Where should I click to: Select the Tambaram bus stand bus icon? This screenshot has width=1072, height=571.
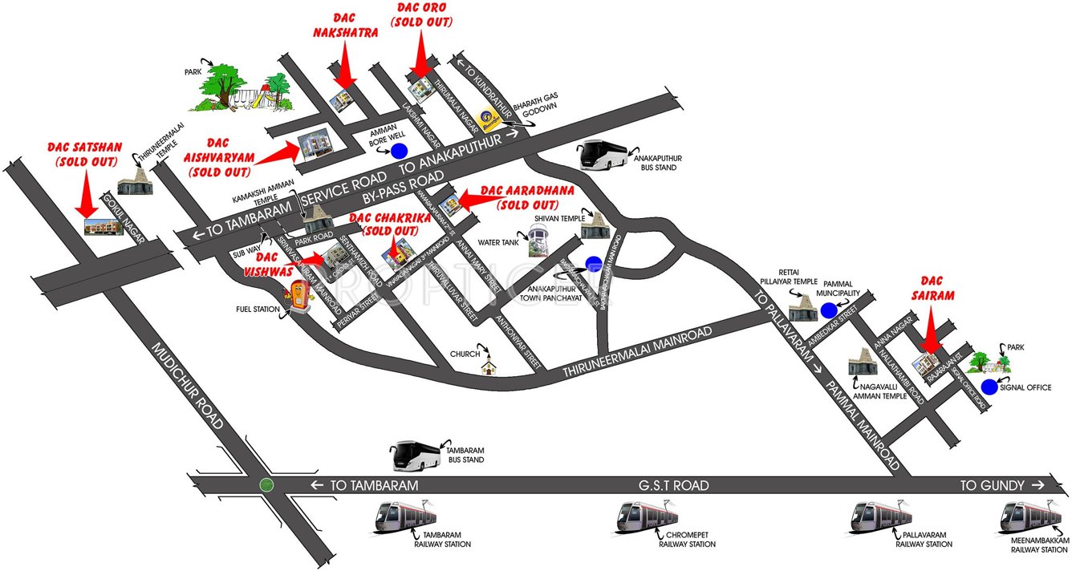(414, 456)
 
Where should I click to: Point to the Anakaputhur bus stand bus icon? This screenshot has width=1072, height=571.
(603, 154)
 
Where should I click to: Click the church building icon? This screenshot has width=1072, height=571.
(487, 366)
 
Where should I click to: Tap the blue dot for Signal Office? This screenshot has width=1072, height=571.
(989, 387)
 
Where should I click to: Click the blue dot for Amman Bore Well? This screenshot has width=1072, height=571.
(399, 150)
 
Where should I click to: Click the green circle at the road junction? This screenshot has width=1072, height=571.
(266, 485)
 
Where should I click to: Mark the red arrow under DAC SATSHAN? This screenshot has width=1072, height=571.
(83, 192)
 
